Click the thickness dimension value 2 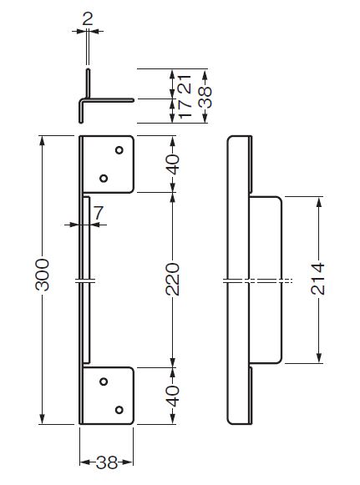(88, 19)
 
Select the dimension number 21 (186, 83)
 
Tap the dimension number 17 (186, 109)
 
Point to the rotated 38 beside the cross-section (205, 98)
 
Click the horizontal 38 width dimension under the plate (106, 462)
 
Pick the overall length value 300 (43, 275)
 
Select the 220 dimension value (172, 280)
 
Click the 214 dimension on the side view (317, 279)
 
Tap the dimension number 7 (99, 213)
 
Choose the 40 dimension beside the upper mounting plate (173, 164)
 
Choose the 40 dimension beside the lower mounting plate (173, 396)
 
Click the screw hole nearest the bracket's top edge (119, 150)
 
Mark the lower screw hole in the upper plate (104, 179)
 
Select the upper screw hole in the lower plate (104, 381)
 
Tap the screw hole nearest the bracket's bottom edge (119, 410)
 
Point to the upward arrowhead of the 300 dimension (43, 141)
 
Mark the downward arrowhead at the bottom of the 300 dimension (43, 419)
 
